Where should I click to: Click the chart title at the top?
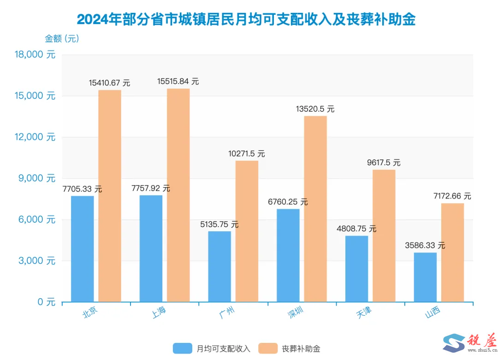click(246, 19)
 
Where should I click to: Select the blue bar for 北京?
click(83, 249)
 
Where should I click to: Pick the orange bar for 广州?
click(247, 231)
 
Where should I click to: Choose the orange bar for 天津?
click(384, 236)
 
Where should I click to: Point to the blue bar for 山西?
click(425, 277)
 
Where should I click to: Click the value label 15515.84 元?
click(178, 81)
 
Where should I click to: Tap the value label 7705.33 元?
click(82, 189)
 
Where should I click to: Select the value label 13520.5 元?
click(315, 109)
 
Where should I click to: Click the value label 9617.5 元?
click(384, 163)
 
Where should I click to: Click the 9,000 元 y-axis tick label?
click(37, 178)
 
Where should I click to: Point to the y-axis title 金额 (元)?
click(62, 38)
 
